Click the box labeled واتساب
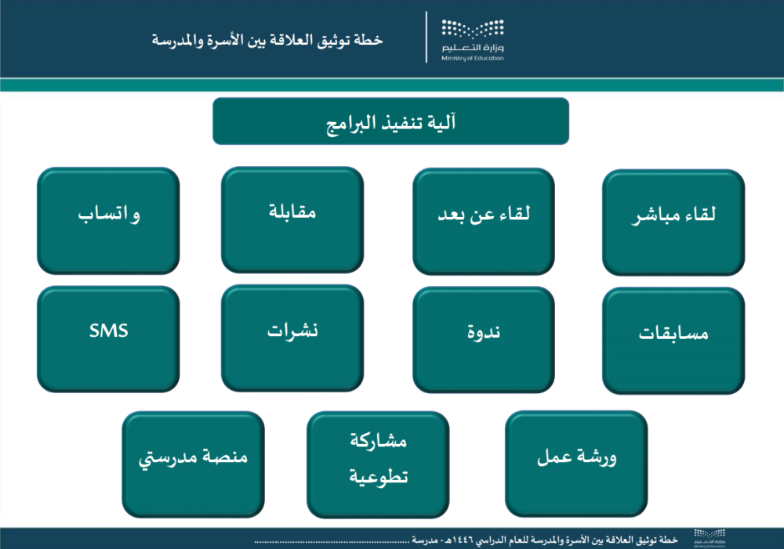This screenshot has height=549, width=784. [108, 221]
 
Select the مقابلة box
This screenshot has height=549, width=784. [292, 220]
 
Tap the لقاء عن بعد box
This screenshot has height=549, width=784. [484, 222]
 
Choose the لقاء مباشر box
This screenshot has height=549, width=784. [673, 222]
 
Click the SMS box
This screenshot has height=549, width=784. [108, 338]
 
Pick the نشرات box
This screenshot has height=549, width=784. [292, 338]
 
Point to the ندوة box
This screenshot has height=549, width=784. [484, 340]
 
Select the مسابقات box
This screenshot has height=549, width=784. [673, 341]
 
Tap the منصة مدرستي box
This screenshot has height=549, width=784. [194, 464]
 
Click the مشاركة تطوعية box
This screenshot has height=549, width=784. [378, 464]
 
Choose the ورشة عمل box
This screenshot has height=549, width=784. [576, 464]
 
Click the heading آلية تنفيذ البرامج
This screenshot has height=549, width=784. [391, 121]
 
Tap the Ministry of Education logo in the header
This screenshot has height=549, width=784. [473, 40]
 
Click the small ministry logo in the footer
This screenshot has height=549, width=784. [710, 539]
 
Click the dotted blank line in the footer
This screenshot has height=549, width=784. [332, 541]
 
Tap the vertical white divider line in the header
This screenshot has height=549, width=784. [426, 38]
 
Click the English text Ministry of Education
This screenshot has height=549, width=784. [473, 59]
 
